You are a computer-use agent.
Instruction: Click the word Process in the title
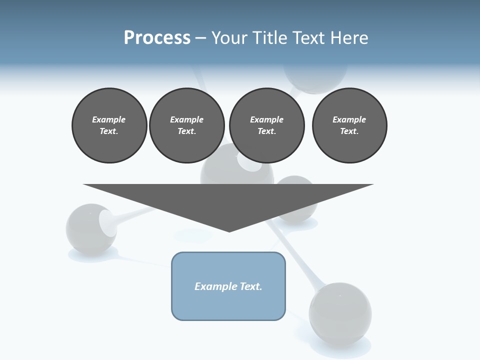tap(157, 38)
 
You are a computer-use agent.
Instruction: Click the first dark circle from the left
tap(109, 125)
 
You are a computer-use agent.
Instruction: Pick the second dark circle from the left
tap(186, 125)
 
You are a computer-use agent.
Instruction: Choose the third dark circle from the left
tap(266, 125)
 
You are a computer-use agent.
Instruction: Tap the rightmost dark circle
tap(349, 125)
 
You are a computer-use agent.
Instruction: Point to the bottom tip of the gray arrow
tap(229, 231)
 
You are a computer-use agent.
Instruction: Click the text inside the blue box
tap(228, 286)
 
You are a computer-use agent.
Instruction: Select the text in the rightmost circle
tap(349, 125)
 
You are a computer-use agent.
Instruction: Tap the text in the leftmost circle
tap(109, 125)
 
